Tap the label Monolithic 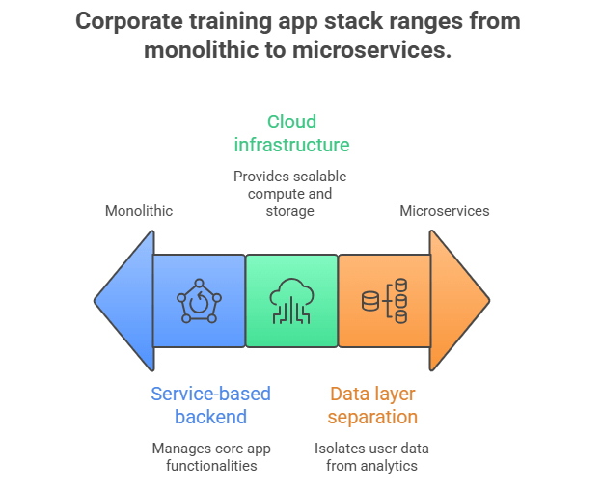click(x=139, y=210)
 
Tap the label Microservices click(x=445, y=210)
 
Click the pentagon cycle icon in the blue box click(x=199, y=301)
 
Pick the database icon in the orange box click(x=384, y=301)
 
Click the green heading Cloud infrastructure click(x=291, y=133)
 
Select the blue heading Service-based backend click(x=210, y=405)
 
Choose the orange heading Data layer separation click(x=372, y=405)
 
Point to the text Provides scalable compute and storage click(x=289, y=194)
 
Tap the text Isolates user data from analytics click(x=372, y=457)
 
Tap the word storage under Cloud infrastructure click(x=289, y=211)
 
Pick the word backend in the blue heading click(x=210, y=417)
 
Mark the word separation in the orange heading click(x=372, y=417)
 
